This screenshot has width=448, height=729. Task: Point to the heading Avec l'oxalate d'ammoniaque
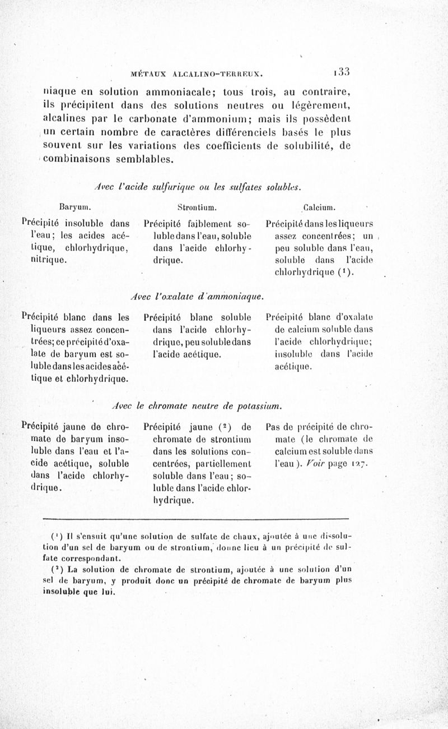pos(197,294)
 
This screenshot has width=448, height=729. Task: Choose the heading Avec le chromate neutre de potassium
pos(197,404)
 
